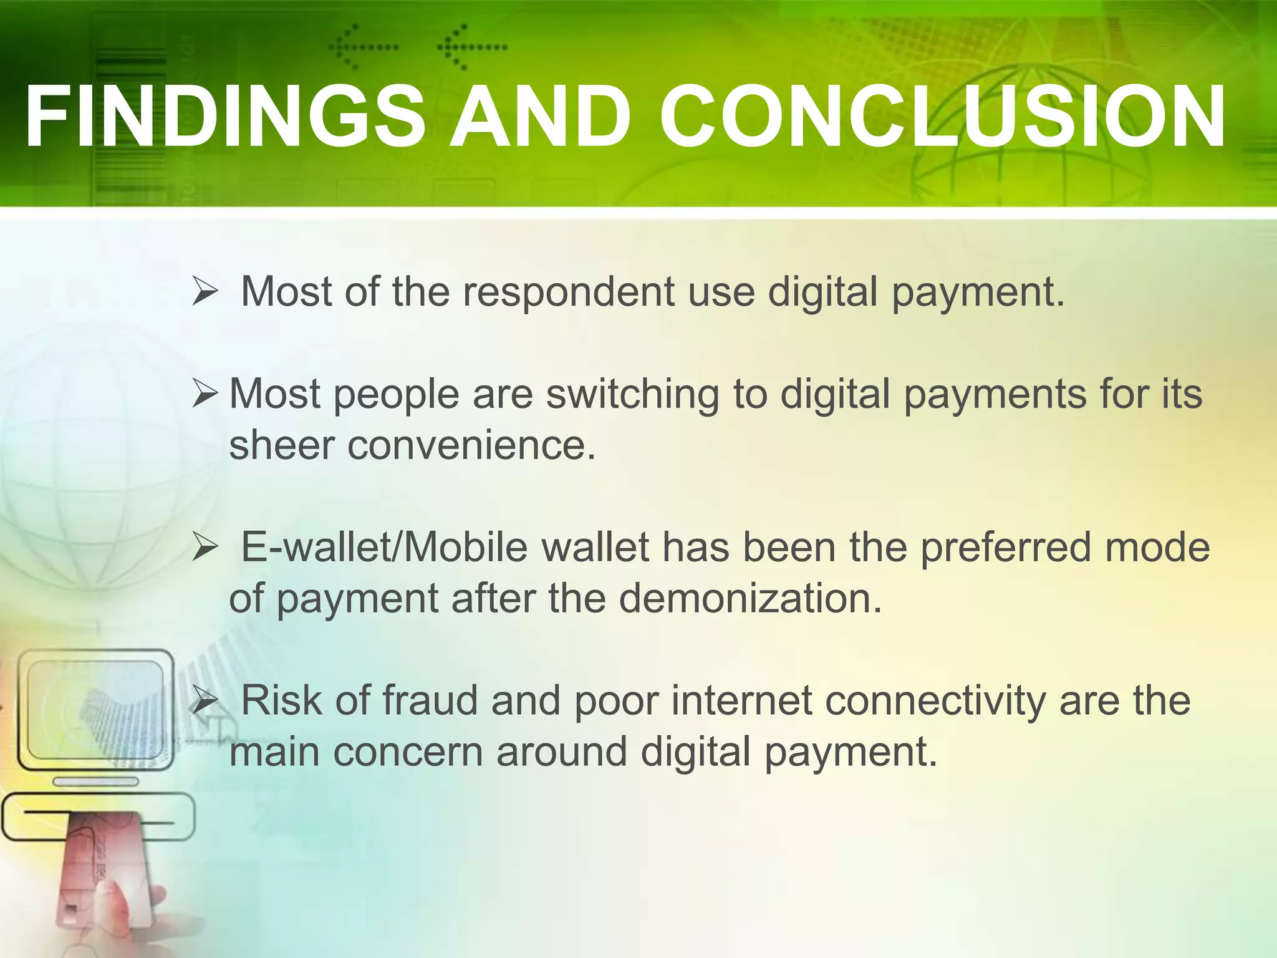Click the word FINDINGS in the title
tap(224, 117)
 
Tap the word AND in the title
tap(540, 117)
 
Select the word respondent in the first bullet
tap(568, 292)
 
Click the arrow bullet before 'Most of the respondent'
tap(205, 292)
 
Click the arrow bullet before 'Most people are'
tap(205, 394)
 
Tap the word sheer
tap(281, 445)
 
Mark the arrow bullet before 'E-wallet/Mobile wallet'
tap(205, 548)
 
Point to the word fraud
tap(430, 700)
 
